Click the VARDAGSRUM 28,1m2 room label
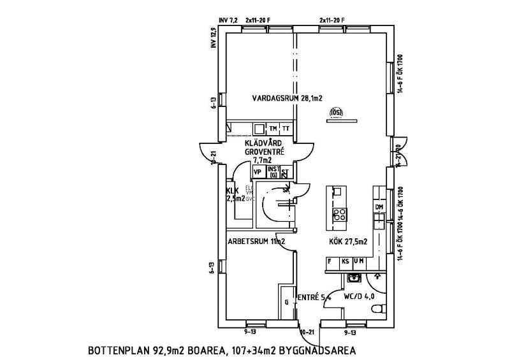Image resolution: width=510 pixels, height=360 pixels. tap(287, 99)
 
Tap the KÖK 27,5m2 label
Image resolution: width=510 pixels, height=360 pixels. tap(348, 242)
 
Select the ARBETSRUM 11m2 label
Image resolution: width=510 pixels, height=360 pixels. tap(255, 242)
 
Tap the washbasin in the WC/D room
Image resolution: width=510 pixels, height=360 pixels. tap(354, 277)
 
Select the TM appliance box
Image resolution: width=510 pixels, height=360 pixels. tap(273, 129)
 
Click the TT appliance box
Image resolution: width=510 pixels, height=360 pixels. tap(286, 129)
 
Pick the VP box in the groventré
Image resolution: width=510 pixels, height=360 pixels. tap(258, 172)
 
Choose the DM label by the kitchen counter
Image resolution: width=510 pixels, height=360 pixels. tap(379, 208)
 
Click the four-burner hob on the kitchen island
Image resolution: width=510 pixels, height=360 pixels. tap(340, 214)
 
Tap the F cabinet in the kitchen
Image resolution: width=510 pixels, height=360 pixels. tap(330, 261)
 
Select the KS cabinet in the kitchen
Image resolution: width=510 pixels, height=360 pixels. tap(345, 261)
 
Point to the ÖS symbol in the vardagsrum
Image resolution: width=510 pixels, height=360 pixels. tap(336, 113)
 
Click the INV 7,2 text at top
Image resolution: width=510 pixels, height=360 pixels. tap(228, 20)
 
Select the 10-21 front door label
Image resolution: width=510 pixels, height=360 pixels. tap(307, 332)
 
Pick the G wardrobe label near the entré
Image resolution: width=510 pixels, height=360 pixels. tap(286, 301)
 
